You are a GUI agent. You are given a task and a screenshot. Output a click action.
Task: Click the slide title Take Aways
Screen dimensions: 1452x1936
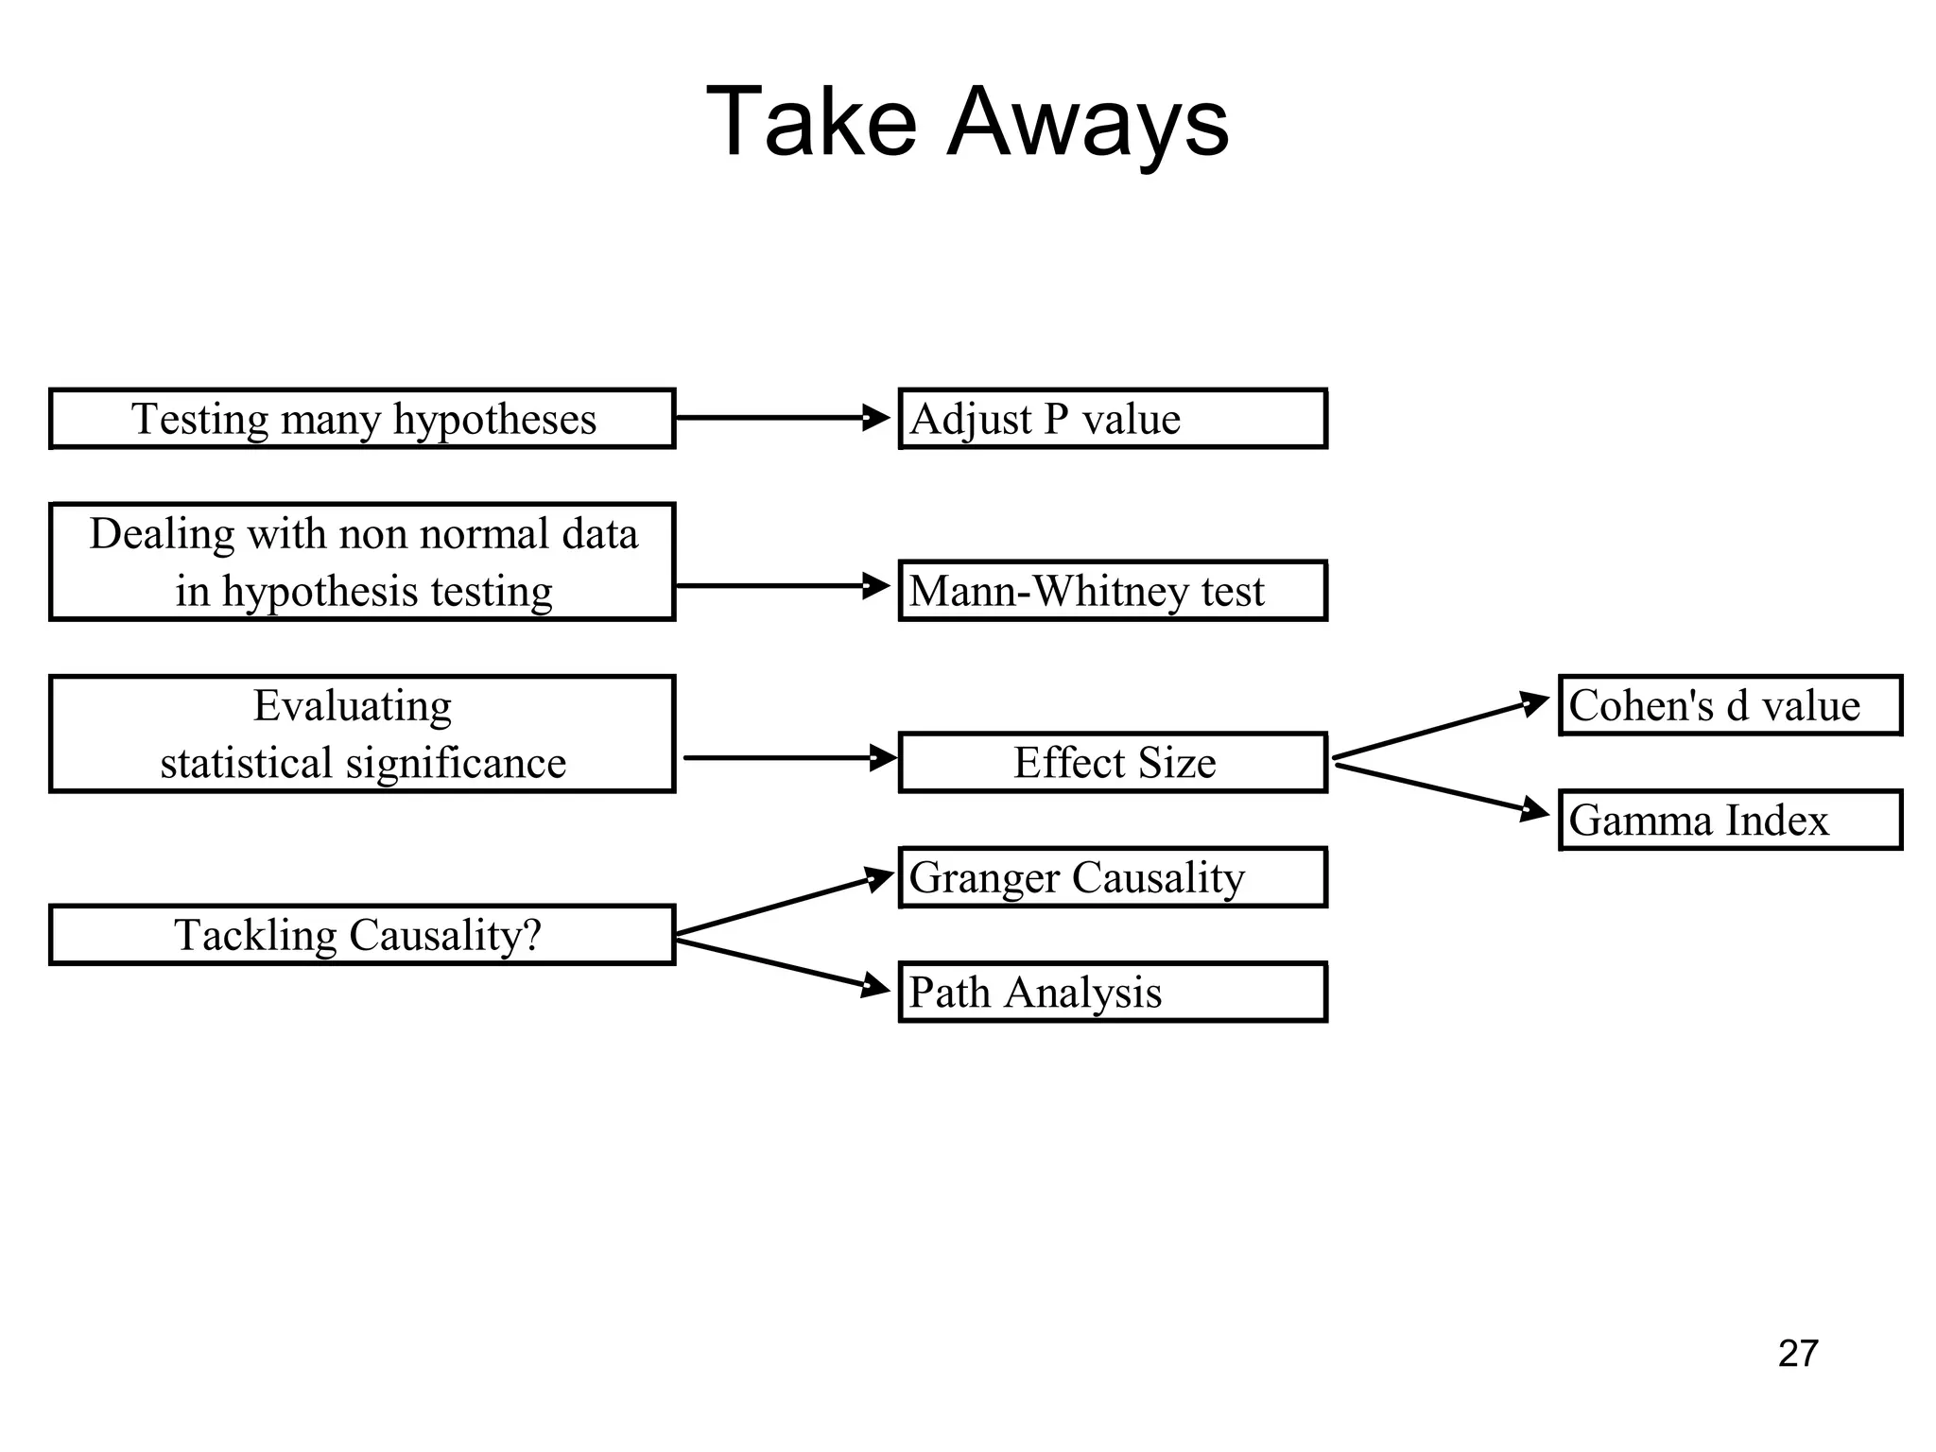[967, 123]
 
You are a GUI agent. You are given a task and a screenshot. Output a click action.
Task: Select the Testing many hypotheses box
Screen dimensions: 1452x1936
[362, 419]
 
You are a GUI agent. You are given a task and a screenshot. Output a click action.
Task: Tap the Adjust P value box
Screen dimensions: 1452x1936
[1112, 419]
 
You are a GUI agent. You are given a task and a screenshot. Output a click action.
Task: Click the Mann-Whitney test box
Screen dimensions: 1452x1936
[1112, 591]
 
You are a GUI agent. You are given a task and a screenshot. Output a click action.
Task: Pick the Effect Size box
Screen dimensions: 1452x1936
[1112, 763]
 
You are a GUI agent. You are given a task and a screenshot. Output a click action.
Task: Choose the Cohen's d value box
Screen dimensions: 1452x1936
[1729, 705]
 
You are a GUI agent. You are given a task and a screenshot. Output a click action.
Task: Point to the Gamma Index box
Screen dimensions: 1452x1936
[1729, 820]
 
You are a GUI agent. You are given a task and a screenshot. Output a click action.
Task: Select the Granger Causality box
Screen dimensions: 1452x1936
[1112, 877]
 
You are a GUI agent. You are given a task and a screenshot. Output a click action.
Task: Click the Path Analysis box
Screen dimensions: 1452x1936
[1112, 993]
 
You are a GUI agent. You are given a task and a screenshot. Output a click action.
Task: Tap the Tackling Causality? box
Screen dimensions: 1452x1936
[362, 935]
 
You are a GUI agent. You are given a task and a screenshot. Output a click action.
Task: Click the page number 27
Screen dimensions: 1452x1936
[1798, 1354]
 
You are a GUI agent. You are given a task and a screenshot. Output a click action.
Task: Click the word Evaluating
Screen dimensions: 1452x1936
[353, 706]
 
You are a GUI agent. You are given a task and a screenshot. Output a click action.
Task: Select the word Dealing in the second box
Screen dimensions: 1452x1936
[162, 534]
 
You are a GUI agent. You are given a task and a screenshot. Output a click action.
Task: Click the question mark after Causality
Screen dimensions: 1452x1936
[532, 934]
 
